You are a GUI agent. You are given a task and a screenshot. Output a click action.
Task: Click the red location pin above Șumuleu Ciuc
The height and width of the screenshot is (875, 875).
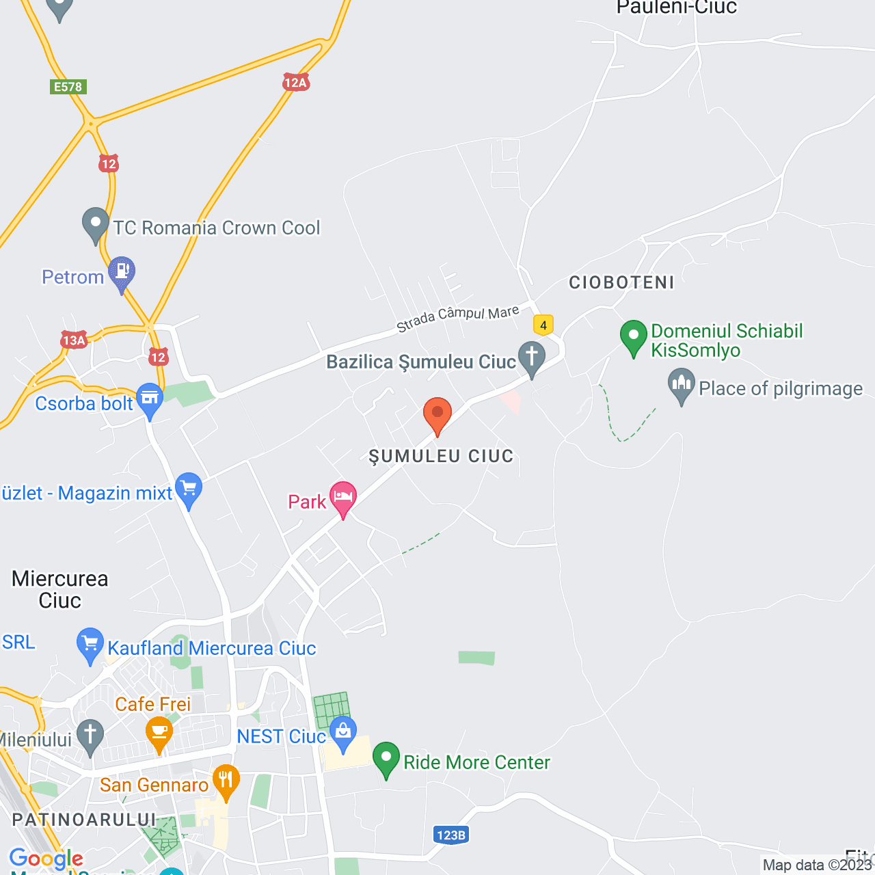click(437, 414)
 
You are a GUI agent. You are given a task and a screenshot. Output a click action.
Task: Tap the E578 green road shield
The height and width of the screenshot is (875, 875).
click(68, 87)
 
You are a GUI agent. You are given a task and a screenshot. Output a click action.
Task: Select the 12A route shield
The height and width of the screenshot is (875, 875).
click(296, 83)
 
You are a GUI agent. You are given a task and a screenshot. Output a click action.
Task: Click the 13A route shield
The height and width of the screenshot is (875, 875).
click(74, 340)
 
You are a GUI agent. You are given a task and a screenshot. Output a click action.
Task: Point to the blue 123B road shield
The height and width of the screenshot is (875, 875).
click(451, 835)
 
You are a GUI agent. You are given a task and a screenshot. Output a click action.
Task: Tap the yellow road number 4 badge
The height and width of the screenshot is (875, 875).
click(543, 325)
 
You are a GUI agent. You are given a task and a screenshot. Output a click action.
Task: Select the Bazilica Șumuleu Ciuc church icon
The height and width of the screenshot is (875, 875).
click(531, 358)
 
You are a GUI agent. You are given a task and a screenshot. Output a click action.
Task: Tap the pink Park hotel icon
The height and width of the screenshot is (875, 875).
click(342, 497)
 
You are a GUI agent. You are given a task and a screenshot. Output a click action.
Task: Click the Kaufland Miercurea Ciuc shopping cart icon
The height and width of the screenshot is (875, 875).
click(90, 644)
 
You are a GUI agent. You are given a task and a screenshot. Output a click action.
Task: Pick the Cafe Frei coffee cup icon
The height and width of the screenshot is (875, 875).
click(159, 732)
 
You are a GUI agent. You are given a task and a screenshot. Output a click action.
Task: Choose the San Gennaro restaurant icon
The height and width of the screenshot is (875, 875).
click(226, 781)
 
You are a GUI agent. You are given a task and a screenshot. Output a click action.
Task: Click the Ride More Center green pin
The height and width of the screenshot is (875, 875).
click(386, 758)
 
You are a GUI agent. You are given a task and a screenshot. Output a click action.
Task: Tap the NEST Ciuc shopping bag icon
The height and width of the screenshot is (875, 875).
click(343, 731)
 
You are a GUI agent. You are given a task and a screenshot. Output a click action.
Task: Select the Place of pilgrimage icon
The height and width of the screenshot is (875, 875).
click(682, 384)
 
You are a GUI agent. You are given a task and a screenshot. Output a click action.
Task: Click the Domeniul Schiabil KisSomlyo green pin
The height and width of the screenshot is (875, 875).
click(634, 336)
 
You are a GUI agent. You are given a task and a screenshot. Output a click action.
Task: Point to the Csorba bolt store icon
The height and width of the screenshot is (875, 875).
click(150, 399)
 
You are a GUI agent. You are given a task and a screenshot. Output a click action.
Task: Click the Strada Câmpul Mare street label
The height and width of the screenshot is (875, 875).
click(457, 318)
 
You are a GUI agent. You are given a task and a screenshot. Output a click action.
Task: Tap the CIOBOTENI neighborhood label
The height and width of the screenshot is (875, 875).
click(621, 282)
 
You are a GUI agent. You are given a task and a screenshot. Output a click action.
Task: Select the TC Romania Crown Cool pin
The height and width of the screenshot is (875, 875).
click(96, 224)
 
